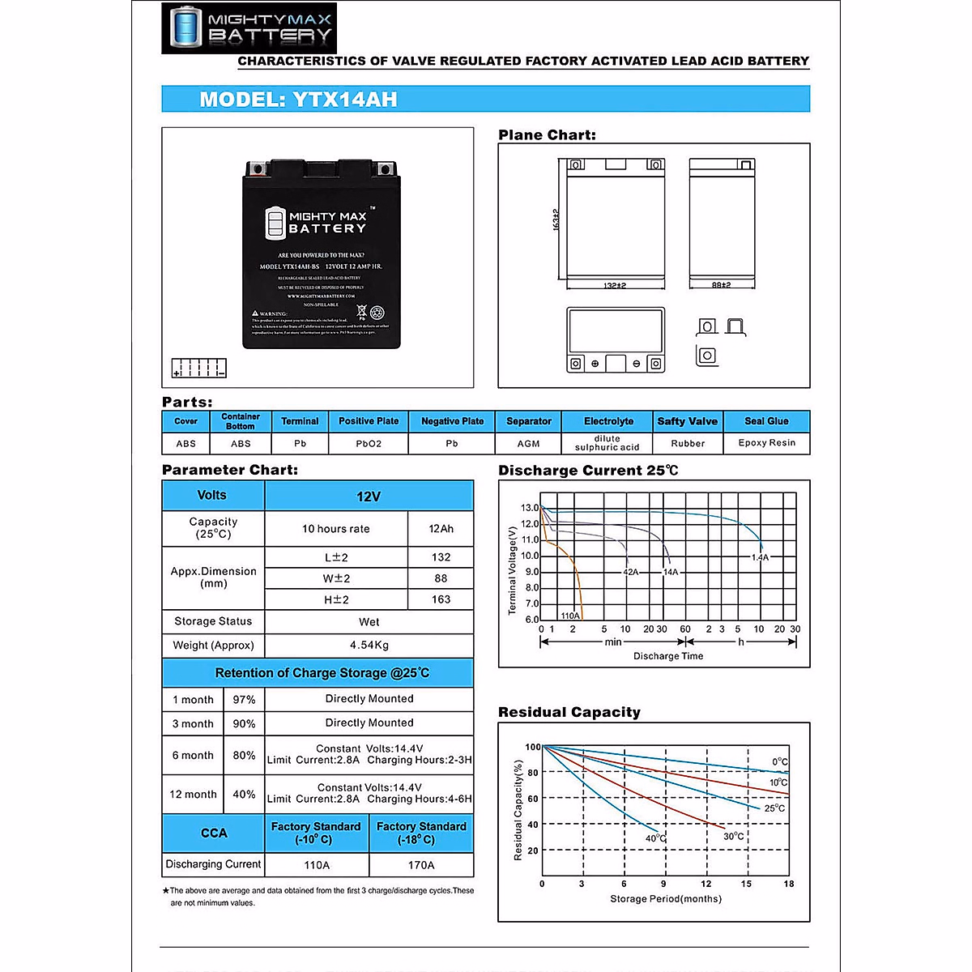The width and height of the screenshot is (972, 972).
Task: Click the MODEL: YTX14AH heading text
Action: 298,100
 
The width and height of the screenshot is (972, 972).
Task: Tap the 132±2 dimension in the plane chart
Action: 615,285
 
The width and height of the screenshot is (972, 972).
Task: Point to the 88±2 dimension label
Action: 721,285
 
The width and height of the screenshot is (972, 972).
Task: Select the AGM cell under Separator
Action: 528,444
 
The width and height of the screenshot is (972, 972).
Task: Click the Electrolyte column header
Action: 608,421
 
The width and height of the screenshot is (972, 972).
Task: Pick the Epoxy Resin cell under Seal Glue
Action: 766,443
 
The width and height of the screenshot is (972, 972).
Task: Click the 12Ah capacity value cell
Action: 441,529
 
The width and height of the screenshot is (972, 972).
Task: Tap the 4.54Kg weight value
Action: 369,646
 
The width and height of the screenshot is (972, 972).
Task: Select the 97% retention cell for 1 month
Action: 244,700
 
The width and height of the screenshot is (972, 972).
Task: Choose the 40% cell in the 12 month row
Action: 244,795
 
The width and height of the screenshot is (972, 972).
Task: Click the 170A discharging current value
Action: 421,865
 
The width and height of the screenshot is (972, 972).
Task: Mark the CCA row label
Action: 214,833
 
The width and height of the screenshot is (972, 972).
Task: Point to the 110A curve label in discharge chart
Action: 570,616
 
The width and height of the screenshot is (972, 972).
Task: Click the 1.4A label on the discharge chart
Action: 760,557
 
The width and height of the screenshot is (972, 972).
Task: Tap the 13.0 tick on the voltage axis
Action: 530,508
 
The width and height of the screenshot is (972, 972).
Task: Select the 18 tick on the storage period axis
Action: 789,884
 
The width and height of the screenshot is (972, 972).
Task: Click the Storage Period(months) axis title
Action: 666,899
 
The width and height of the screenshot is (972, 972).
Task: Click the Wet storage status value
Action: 369,622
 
